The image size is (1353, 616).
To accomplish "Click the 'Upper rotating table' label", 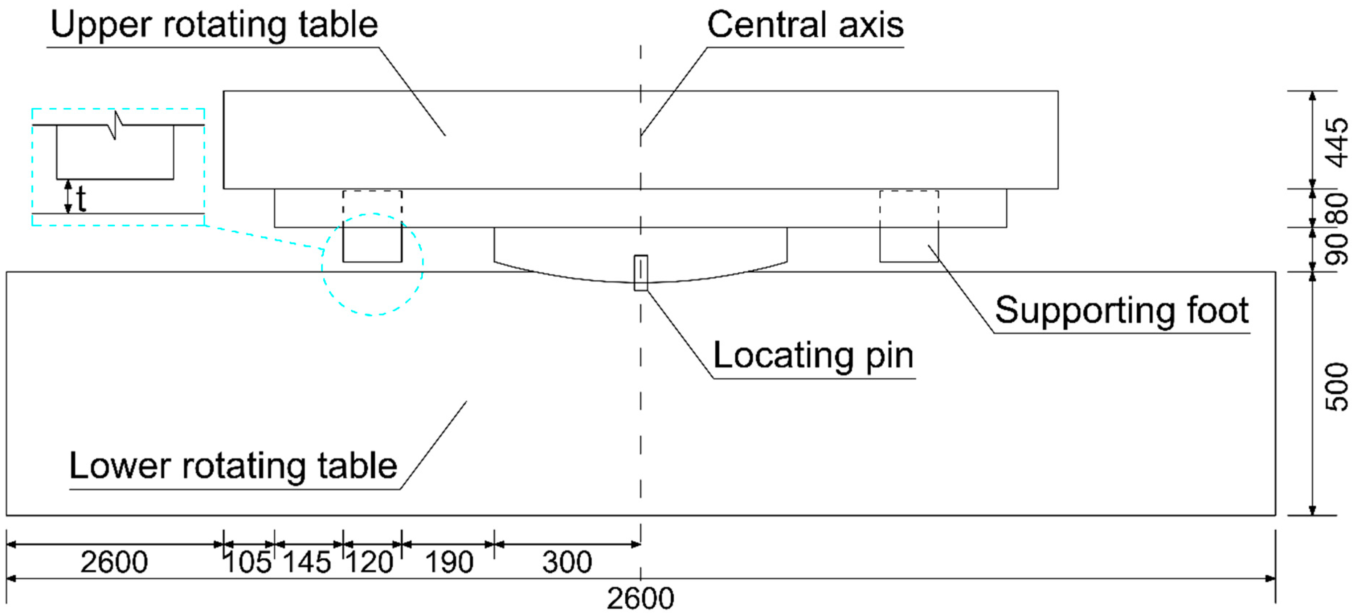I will pos(214,25).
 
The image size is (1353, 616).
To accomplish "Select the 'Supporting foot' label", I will pos(1121,311).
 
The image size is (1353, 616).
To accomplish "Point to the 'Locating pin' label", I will pos(813,356).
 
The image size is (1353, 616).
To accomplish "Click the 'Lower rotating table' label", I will pos(233,466).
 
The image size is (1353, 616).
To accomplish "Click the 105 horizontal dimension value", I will pos(248,562).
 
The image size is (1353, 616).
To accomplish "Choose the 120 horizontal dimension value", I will pos(370,562).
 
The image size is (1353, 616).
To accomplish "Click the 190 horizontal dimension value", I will pos(449,562).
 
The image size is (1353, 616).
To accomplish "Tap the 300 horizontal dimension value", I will pos(567,562).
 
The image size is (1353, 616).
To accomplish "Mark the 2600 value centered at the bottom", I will pos(640,598).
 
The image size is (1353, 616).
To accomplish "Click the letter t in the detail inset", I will pos(81,199).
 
